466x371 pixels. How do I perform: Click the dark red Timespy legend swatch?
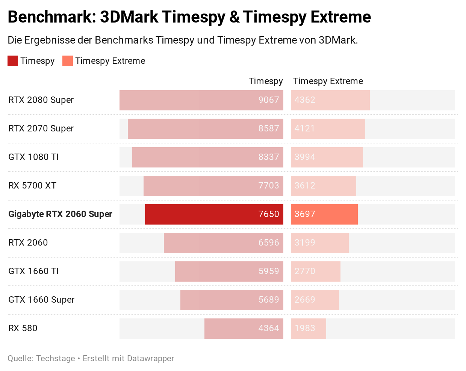[x=13, y=61]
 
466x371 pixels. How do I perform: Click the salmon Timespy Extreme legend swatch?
[x=68, y=61]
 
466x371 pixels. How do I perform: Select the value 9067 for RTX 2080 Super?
[x=268, y=100]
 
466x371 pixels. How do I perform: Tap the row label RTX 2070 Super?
[x=41, y=128]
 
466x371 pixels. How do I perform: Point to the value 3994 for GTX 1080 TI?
[x=304, y=157]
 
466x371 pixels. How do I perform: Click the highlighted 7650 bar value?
[x=268, y=214]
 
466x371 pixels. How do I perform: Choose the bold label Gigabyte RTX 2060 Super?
[x=60, y=214]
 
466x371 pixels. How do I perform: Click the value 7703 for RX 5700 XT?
[x=268, y=185]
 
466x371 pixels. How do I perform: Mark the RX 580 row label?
[x=23, y=328]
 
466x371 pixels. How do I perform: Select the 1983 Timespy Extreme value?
[x=304, y=328]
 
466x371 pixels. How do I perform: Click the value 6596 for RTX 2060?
[x=268, y=243]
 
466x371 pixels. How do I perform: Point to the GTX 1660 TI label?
[x=33, y=271]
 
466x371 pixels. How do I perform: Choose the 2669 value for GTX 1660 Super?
[x=304, y=300]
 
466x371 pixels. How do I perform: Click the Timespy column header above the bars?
[x=266, y=81]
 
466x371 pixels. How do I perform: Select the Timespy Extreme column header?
[x=328, y=81]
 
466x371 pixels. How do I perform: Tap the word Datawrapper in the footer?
[x=151, y=358]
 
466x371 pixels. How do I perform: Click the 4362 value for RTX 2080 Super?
[x=304, y=100]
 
